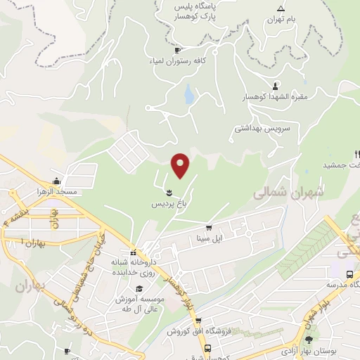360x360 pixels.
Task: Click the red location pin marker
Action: pyautogui.click(x=181, y=165)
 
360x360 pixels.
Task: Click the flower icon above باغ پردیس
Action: pyautogui.click(x=169, y=192)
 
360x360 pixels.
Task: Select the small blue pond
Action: pyautogui.click(x=188, y=94)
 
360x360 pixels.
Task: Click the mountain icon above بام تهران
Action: pyautogui.click(x=281, y=8)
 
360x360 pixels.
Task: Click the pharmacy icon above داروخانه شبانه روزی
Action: pyautogui.click(x=132, y=253)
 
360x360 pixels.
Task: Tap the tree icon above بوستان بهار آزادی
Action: pyautogui.click(x=309, y=340)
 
